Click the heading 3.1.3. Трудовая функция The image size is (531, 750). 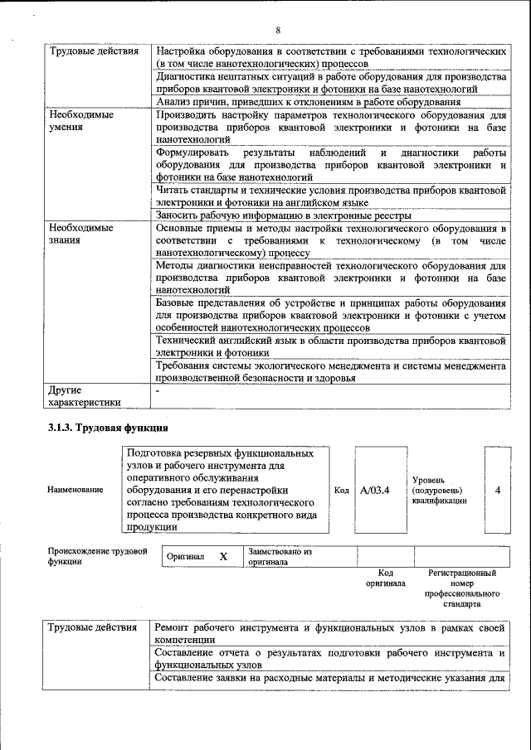(x=108, y=428)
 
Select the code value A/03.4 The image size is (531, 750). (x=375, y=490)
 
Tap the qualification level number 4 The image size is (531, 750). (x=498, y=490)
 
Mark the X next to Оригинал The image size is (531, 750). (x=223, y=556)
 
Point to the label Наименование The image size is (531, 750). (x=76, y=490)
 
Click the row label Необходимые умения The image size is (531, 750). (x=80, y=122)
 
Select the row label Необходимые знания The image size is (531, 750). (x=80, y=234)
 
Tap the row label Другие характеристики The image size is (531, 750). (x=84, y=395)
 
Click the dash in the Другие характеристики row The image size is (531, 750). (x=157, y=390)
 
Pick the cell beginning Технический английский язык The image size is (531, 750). (x=330, y=346)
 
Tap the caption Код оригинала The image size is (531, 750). (x=385, y=578)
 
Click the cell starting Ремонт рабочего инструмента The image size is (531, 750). (x=330, y=634)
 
